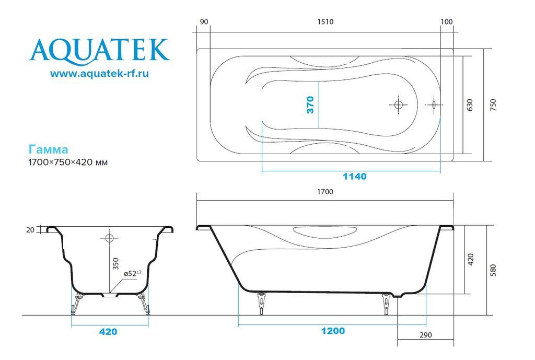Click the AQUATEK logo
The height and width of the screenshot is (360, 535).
(x=99, y=51)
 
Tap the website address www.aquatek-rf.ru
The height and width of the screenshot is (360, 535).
(x=99, y=73)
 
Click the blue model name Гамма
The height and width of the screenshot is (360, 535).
(x=48, y=149)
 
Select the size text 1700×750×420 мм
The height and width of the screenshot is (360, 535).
(x=68, y=162)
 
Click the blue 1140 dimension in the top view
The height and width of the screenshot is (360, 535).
(x=355, y=177)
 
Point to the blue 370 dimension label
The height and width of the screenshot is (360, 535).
(x=310, y=104)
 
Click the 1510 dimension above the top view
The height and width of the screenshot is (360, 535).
(x=325, y=22)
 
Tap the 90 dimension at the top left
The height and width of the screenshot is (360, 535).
(x=204, y=22)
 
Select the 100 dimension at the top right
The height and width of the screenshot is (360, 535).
(x=447, y=22)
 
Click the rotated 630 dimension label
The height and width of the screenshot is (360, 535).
(x=470, y=105)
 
